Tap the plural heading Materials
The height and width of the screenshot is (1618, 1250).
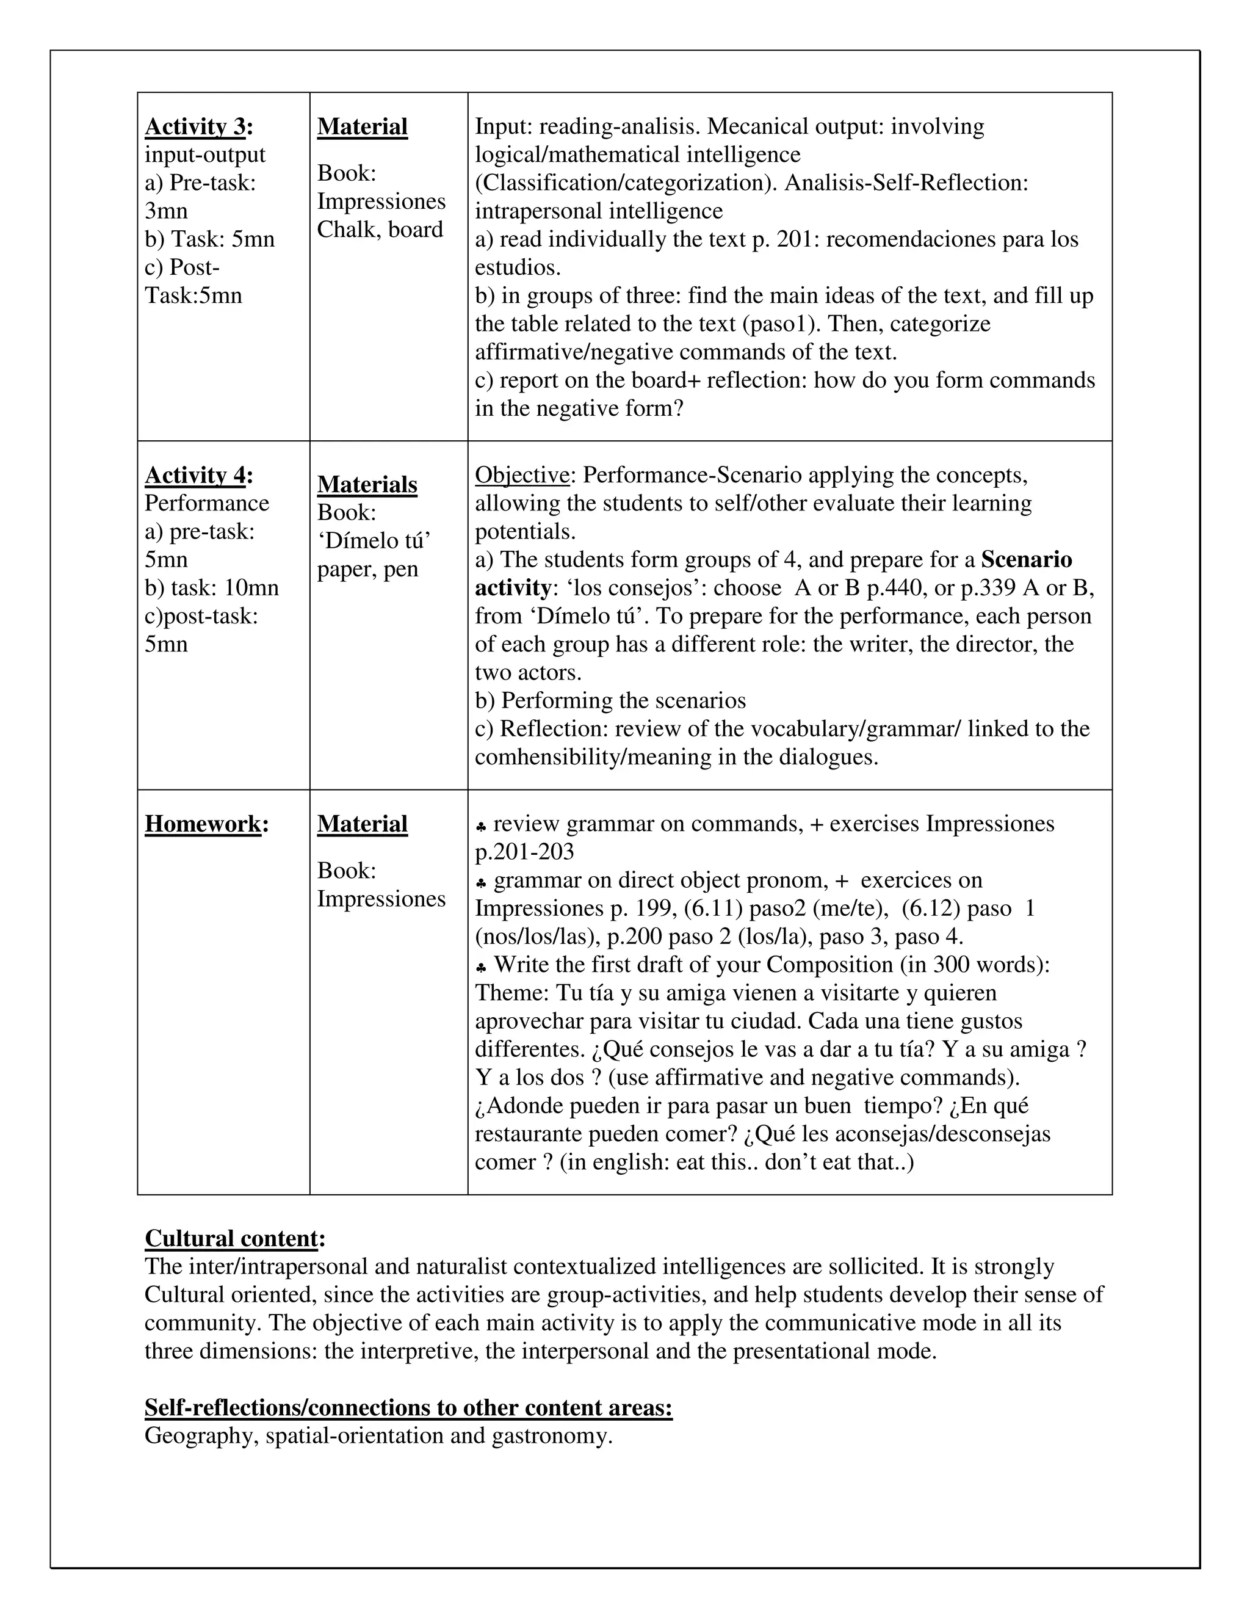367,485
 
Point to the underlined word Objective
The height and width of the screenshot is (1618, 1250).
521,475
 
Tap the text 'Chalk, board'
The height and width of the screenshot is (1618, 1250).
380,230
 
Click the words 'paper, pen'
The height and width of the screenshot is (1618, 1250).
367,569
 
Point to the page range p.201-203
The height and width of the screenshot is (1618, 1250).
524,852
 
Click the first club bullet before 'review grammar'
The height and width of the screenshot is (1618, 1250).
482,825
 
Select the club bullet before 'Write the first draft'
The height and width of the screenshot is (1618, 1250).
482,966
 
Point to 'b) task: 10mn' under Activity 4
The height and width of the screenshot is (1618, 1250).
212,587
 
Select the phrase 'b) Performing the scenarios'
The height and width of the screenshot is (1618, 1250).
610,701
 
